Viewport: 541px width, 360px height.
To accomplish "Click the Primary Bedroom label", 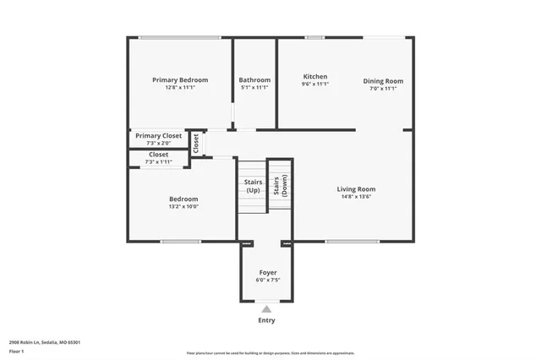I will pyautogui.click(x=180, y=80).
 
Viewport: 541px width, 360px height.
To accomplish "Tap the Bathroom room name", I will pyautogui.click(x=254, y=80).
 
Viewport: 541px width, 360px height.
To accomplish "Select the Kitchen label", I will pyautogui.click(x=315, y=77).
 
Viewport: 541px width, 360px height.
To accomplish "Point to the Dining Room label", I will pyautogui.click(x=383, y=81).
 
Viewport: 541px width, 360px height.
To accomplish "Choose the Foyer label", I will pyautogui.click(x=267, y=273).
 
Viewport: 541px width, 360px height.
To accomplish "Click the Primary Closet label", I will pyautogui.click(x=159, y=136).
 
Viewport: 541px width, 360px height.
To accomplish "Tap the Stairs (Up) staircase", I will pyautogui.click(x=253, y=186).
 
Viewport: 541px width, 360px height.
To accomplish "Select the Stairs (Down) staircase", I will pyautogui.click(x=280, y=186).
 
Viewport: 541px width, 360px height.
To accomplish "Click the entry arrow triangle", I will pyautogui.click(x=267, y=309).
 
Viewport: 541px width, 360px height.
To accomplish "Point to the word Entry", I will pyautogui.click(x=267, y=320).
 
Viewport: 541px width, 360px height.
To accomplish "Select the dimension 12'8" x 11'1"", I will pyautogui.click(x=180, y=88).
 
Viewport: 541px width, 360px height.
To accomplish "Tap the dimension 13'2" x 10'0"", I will pyautogui.click(x=183, y=206).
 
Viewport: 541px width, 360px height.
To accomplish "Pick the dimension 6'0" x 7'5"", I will pyautogui.click(x=267, y=281).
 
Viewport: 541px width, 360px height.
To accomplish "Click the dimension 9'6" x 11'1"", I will pyautogui.click(x=315, y=85).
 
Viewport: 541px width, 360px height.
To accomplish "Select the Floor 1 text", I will pyautogui.click(x=17, y=351).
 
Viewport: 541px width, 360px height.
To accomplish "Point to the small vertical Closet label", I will pyautogui.click(x=196, y=144).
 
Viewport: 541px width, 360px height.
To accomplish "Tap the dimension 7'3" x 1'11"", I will pyautogui.click(x=158, y=161).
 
